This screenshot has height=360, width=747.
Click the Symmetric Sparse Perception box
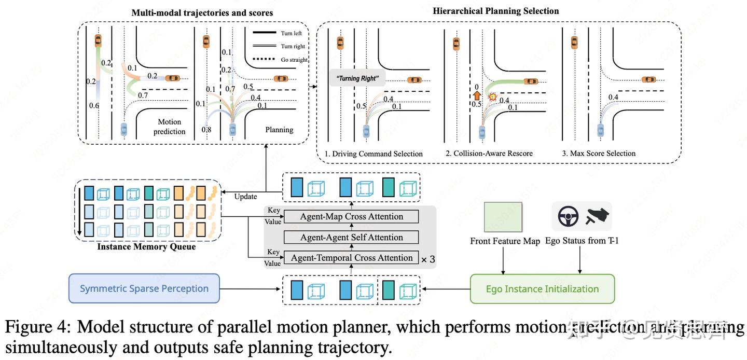pos(144,289)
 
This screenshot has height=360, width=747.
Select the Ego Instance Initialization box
pos(542,289)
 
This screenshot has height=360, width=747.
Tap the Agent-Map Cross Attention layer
pos(351,217)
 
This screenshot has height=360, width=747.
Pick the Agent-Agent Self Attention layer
pos(351,238)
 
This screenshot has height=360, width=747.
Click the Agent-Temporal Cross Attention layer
pos(351,258)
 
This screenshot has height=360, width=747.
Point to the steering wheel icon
pos(568,216)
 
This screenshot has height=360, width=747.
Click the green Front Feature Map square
pos(503,217)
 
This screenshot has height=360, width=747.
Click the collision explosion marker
pos(493,97)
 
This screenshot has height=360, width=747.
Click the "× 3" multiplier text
pos(427,259)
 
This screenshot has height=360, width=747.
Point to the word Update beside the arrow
pos(245,197)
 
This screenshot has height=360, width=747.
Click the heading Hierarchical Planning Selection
pos(495,11)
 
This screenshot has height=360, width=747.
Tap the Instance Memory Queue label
pos(146,247)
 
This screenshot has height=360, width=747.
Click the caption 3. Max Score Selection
pos(599,154)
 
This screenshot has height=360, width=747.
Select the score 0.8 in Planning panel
pos(206,129)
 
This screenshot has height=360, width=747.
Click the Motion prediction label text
pos(170,127)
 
